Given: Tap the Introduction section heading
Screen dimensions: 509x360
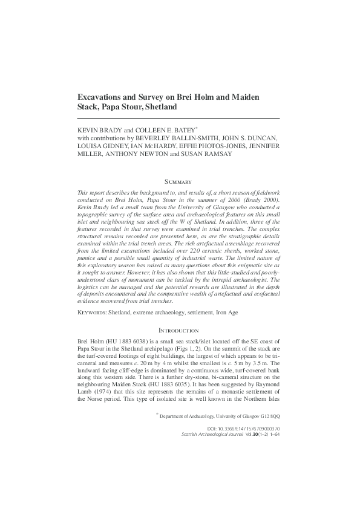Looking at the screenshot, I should [x=178, y=331].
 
